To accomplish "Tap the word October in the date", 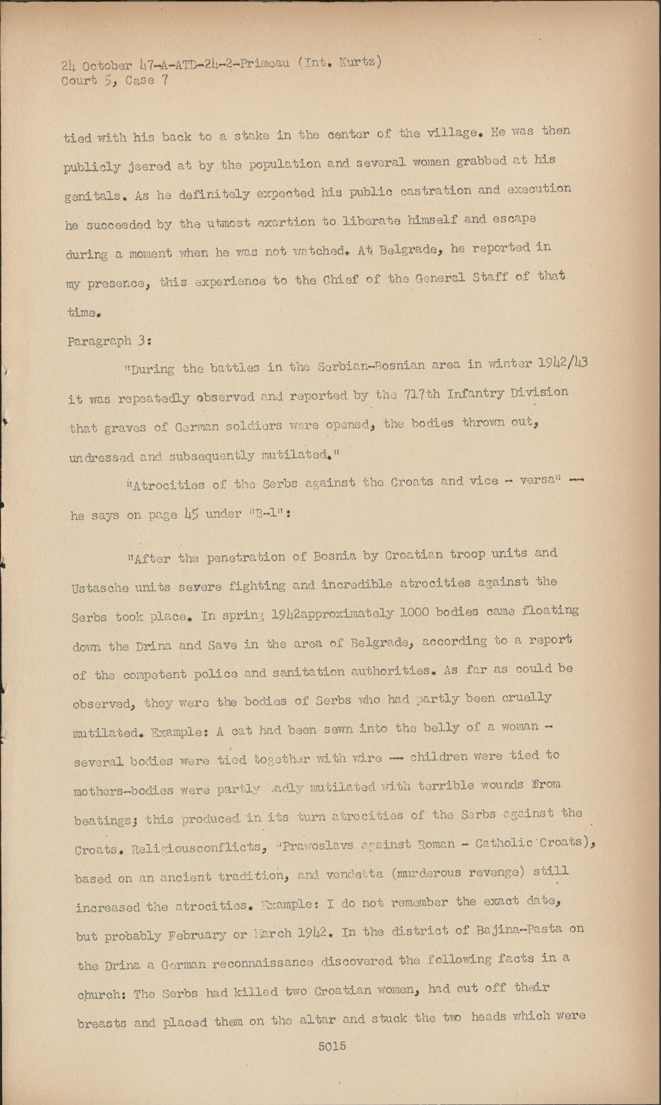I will [x=106, y=66].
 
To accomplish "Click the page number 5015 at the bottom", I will [x=332, y=1046].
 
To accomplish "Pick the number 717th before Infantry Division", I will [x=421, y=394].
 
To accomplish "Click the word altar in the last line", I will [x=318, y=1020].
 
